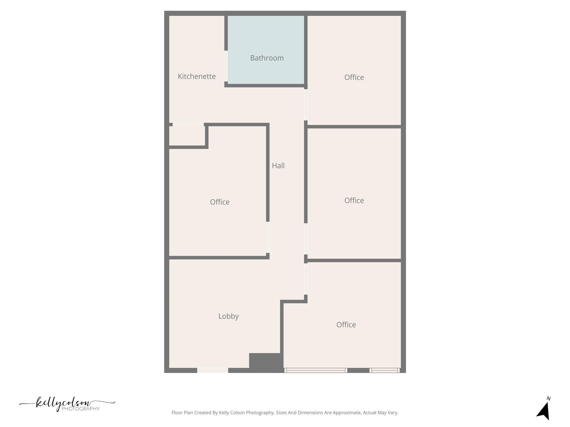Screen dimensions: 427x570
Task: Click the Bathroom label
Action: [267, 58]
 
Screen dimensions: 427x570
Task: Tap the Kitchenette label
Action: [196, 76]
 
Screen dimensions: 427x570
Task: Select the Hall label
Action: [278, 166]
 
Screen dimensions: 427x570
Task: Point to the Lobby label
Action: [228, 316]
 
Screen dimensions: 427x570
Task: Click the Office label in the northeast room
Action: [354, 77]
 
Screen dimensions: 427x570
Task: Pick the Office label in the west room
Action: [220, 202]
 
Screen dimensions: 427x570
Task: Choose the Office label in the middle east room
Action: [354, 200]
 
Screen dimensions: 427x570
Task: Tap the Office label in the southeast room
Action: [346, 325]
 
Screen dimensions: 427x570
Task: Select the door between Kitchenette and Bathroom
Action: [226, 66]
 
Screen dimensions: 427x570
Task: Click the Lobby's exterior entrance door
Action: [213, 370]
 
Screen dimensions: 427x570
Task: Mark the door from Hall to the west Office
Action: [268, 237]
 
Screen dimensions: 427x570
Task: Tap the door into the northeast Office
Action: [306, 105]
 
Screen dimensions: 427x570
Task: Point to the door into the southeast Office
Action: [306, 279]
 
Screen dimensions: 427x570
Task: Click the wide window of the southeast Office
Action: [316, 370]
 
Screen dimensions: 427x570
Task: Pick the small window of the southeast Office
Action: [385, 370]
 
